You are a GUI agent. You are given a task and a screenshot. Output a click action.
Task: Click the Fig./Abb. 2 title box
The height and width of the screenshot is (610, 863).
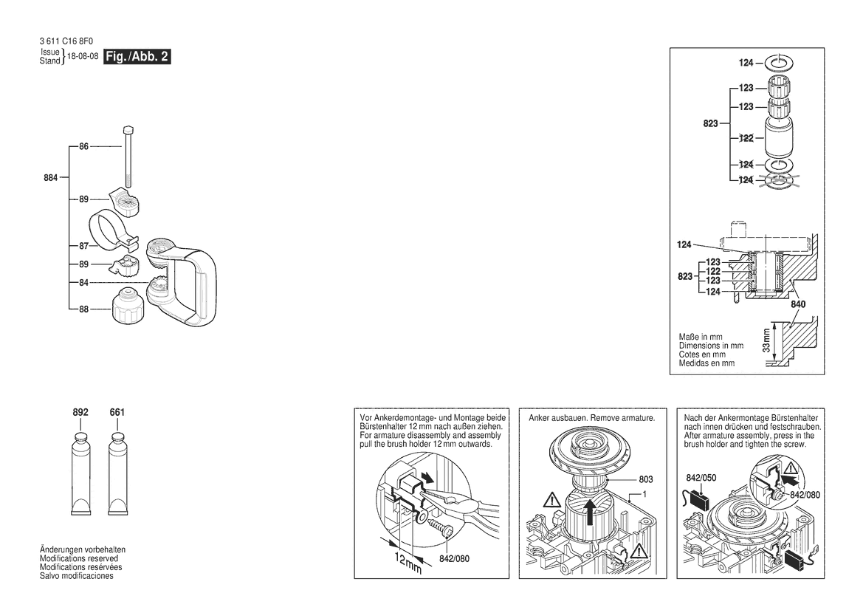[137, 57]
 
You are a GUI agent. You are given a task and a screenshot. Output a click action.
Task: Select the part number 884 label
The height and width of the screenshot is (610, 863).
[51, 177]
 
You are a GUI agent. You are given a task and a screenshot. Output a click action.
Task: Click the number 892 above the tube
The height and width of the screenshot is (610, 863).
[80, 413]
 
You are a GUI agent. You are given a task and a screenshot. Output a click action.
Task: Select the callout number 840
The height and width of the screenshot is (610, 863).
[798, 304]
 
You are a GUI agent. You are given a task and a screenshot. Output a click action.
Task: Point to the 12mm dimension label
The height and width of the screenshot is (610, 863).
[404, 562]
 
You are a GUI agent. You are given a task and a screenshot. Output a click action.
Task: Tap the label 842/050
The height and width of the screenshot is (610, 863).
[701, 477]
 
